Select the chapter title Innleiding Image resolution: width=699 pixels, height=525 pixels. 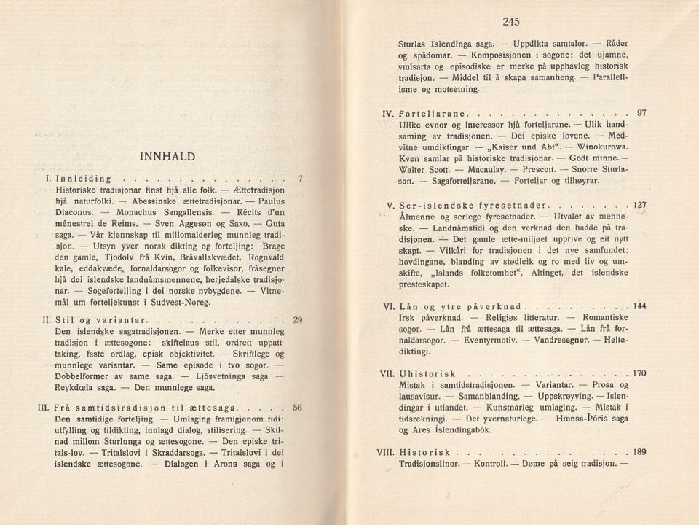(78, 178)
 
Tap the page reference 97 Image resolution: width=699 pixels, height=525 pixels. (641, 114)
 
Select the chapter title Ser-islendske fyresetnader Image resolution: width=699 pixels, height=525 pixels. (475, 204)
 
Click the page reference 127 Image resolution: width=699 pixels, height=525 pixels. (639, 204)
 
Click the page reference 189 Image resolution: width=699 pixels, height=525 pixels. (639, 451)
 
